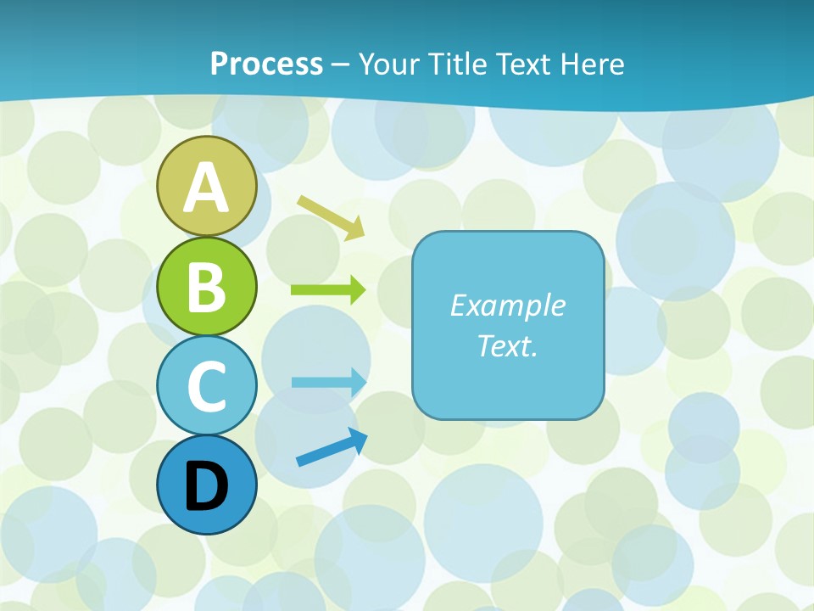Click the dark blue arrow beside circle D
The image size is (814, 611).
pyautogui.click(x=332, y=447)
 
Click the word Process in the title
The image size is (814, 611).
pyautogui.click(x=266, y=64)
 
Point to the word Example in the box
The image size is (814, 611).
pyautogui.click(x=507, y=305)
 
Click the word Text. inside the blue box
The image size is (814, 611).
pyautogui.click(x=507, y=346)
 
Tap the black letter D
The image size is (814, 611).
pyautogui.click(x=206, y=486)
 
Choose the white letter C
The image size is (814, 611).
pyautogui.click(x=206, y=386)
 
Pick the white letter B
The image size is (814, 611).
pyautogui.click(x=206, y=288)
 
